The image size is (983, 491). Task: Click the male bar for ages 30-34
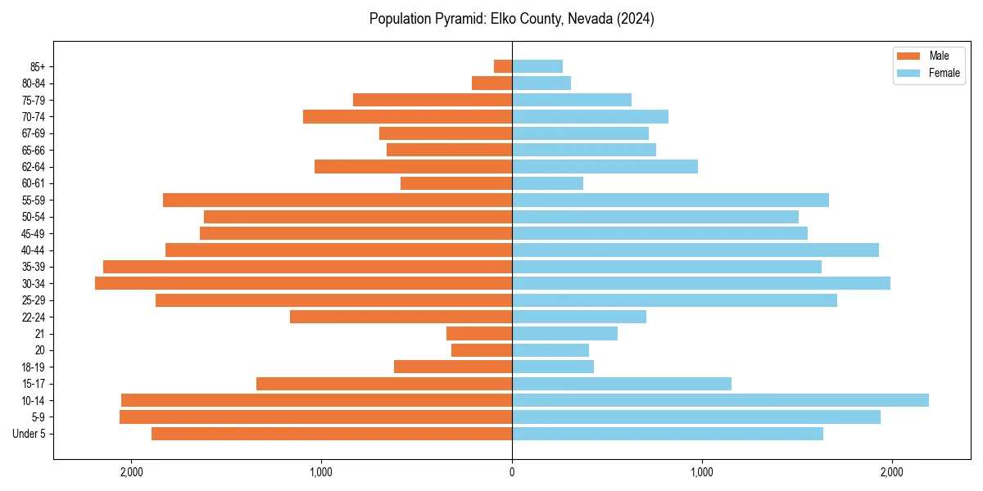pyautogui.click(x=303, y=283)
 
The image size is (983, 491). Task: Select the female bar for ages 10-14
pyautogui.click(x=720, y=400)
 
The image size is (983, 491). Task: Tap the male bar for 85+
pyautogui.click(x=503, y=66)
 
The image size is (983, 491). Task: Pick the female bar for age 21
pyautogui.click(x=564, y=333)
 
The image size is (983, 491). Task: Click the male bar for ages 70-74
pyautogui.click(x=407, y=116)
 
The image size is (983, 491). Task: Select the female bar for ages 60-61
pyautogui.click(x=547, y=183)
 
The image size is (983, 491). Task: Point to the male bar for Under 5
pyautogui.click(x=332, y=434)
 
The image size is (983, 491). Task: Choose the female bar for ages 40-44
pyautogui.click(x=695, y=250)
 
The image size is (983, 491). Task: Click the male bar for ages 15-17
pyautogui.click(x=384, y=383)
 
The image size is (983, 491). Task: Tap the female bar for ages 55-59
pyautogui.click(x=670, y=200)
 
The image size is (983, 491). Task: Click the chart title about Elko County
pyautogui.click(x=512, y=19)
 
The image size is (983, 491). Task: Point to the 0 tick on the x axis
pyautogui.click(x=512, y=472)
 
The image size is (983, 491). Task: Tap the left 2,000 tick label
pyautogui.click(x=131, y=472)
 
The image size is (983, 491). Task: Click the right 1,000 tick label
pyautogui.click(x=702, y=472)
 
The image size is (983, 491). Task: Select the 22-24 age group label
pyautogui.click(x=34, y=317)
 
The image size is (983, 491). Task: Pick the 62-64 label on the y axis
pyautogui.click(x=34, y=167)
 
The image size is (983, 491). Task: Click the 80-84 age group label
pyautogui.click(x=34, y=83)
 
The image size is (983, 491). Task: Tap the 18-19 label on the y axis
pyautogui.click(x=34, y=367)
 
